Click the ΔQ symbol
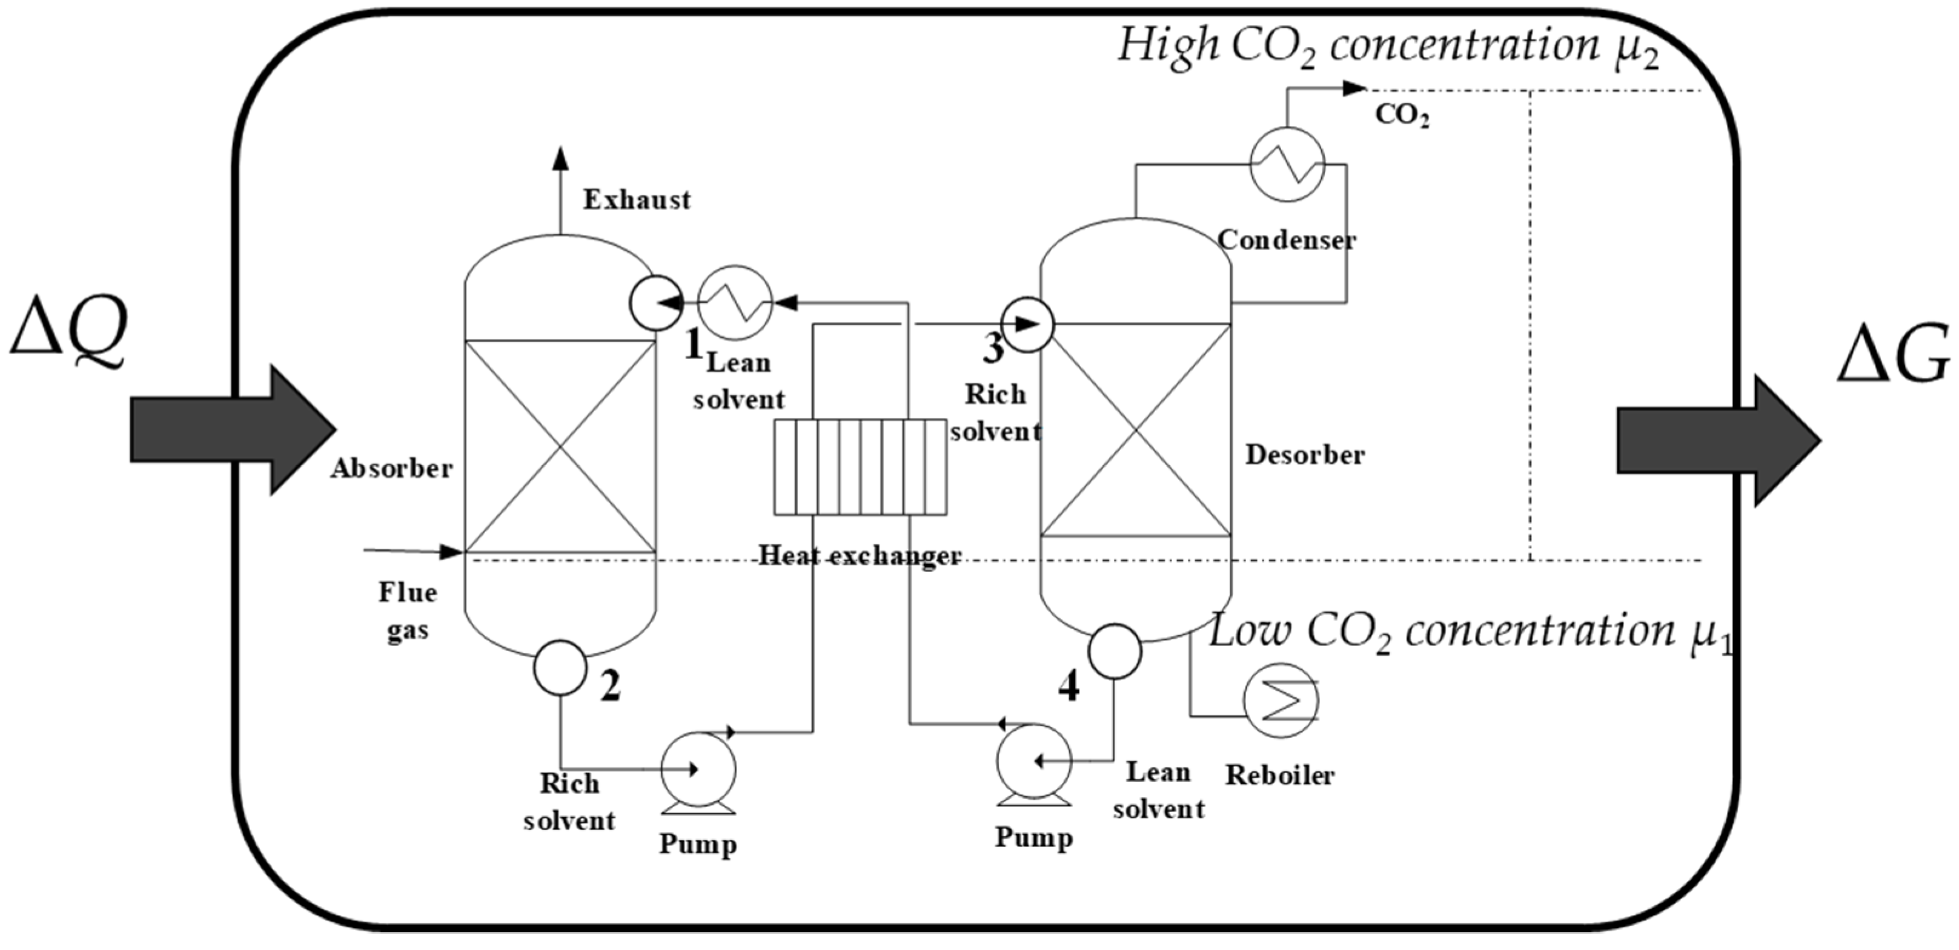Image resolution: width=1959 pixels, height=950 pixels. [68, 332]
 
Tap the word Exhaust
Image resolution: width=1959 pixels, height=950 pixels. [637, 200]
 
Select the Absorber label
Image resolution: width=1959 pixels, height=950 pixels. [392, 468]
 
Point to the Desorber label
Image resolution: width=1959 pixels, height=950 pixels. [1305, 455]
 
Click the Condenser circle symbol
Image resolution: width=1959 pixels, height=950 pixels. [1287, 164]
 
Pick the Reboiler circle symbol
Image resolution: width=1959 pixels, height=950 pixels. [1281, 701]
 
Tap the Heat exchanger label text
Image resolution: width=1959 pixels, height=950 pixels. [860, 556]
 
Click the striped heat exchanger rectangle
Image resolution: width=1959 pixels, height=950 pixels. [860, 467]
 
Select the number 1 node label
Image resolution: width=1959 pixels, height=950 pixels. [693, 346]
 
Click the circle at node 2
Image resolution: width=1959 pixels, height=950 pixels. [560, 668]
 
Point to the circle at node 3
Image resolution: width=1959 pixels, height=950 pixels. [1027, 325]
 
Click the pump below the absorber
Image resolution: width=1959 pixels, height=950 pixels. [698, 774]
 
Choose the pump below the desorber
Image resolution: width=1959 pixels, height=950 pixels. [1034, 765]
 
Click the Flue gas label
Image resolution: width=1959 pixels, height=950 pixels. [408, 610]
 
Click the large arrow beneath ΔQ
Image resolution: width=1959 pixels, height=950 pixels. [233, 429]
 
